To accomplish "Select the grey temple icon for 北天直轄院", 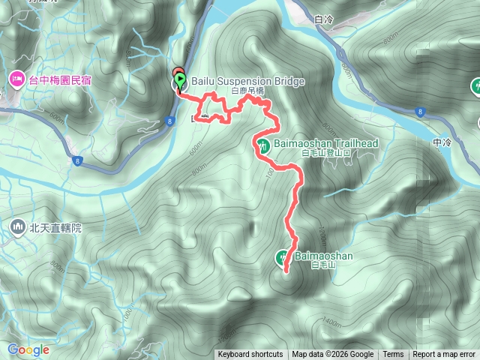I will point(16,226).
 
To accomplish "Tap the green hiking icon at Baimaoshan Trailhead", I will point(262,143).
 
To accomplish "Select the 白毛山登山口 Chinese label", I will point(325,153).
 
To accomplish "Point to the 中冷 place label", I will point(442,141).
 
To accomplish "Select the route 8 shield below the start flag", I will point(172,120).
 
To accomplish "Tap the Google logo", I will point(28,349).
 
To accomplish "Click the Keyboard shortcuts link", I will point(250,355).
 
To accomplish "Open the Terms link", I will point(393,355).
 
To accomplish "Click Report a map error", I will point(445,355).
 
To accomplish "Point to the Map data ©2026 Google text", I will point(333,355).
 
